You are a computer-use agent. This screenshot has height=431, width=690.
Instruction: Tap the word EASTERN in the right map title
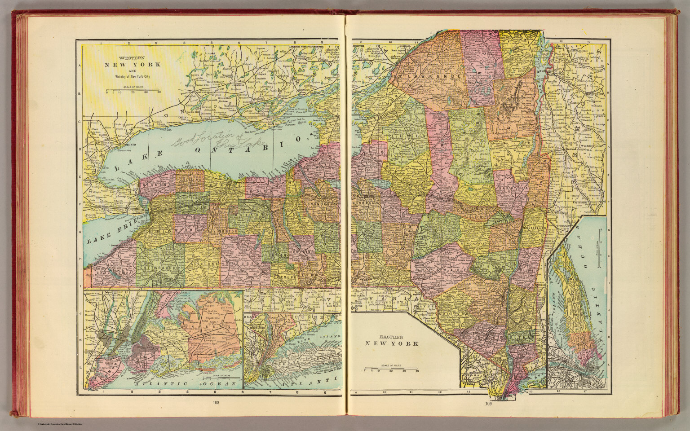point(391,337)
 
